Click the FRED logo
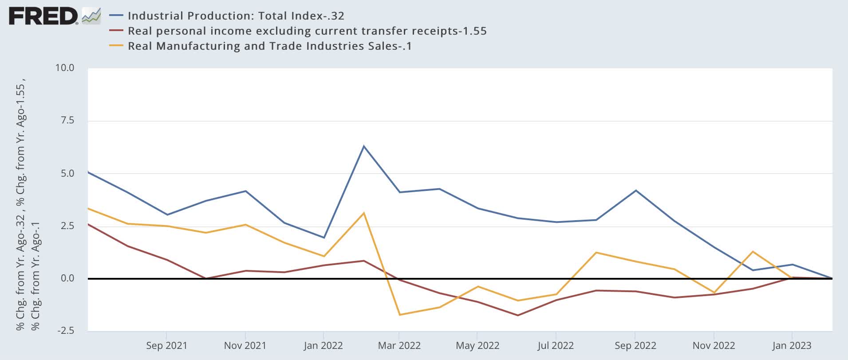[43, 16]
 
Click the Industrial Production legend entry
[236, 16]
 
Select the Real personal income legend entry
[307, 31]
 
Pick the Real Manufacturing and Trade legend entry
[270, 46]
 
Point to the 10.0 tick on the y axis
[64, 68]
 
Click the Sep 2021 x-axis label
[166, 345]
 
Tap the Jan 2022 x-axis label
[323, 345]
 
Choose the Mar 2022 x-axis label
[399, 345]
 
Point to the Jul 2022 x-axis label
[556, 345]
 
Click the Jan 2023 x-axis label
[792, 345]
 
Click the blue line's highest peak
[364, 146]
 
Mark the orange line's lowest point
[400, 315]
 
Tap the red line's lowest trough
[517, 315]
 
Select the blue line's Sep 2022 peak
[636, 190]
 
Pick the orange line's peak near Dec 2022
[753, 252]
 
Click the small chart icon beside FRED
[91, 16]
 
